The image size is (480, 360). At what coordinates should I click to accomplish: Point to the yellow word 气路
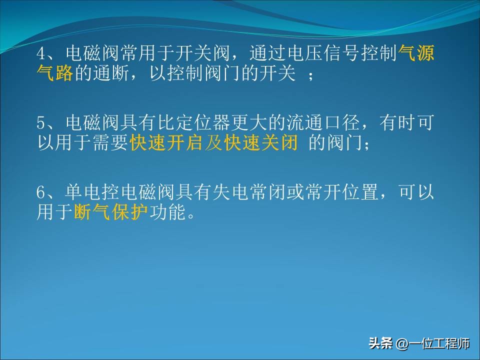55,73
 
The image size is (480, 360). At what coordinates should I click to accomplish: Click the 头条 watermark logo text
380,344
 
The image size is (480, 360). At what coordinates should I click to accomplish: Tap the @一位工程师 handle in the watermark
433,344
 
